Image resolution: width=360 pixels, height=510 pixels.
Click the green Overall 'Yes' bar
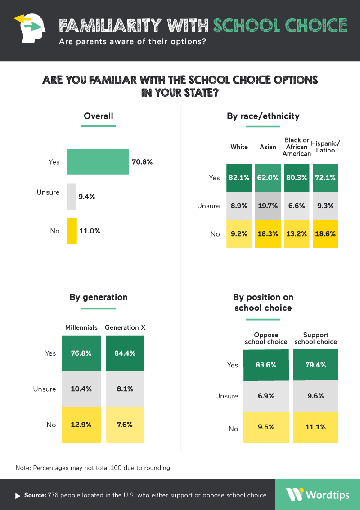(98, 162)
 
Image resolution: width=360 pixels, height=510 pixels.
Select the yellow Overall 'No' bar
(72, 231)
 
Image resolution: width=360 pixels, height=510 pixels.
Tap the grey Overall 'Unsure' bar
(71, 197)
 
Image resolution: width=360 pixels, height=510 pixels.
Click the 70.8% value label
(142, 162)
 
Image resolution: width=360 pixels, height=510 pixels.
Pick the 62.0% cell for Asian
(268, 178)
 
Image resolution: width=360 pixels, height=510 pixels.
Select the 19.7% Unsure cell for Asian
(268, 206)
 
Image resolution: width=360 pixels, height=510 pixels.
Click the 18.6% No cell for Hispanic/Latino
(326, 234)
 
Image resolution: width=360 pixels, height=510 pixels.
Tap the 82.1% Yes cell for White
(239, 178)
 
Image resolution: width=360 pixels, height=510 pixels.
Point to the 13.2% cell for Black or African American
(297, 234)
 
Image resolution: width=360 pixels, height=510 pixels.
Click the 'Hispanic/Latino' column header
(326, 147)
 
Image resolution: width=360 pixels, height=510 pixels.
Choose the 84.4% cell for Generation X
(125, 353)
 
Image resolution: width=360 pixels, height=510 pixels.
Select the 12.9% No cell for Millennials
(81, 425)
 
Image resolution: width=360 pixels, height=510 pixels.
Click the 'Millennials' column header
(81, 327)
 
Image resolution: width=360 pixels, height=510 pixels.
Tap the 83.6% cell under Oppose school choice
(266, 365)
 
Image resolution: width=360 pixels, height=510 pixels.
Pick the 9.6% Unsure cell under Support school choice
(315, 396)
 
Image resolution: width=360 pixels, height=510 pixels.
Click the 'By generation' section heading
(99, 297)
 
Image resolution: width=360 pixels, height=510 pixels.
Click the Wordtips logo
(317, 495)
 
